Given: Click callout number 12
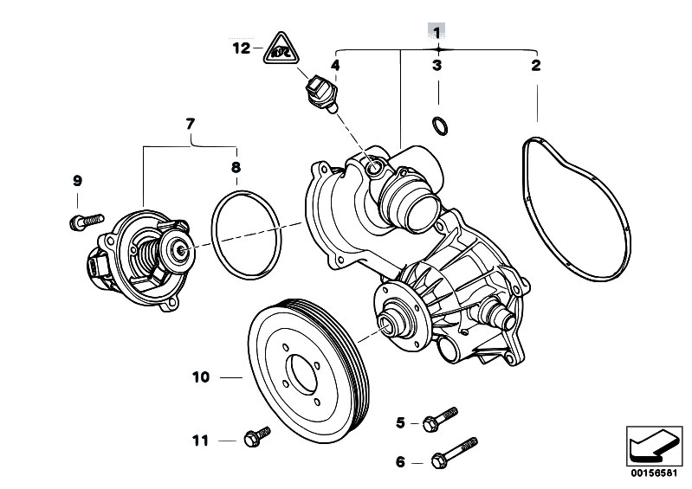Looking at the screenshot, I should (240, 48).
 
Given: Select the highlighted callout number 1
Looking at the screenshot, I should (437, 32).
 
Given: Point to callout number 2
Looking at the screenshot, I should (536, 65).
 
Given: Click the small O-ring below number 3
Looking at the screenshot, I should (440, 126).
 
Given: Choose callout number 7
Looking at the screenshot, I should (191, 125).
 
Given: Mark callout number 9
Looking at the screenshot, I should (77, 181).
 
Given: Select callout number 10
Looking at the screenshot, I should (201, 377).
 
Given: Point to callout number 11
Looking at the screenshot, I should (200, 441).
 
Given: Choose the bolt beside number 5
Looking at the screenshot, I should (441, 420).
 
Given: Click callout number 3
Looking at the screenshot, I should (437, 65).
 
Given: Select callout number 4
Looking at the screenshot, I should (334, 65).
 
